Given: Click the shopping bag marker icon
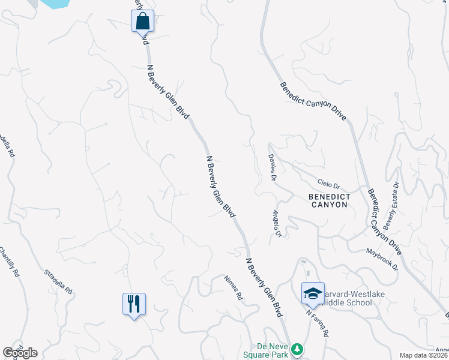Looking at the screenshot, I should [143, 21].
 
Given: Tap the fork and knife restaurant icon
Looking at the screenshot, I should [134, 304].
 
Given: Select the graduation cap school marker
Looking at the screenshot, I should [313, 293].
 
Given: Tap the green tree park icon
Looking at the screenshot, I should [297, 349].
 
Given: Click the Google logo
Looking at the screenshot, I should [20, 353].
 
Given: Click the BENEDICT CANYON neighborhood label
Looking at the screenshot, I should [328, 200].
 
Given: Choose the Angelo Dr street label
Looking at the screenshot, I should [277, 223].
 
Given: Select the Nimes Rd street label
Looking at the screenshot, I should [234, 287].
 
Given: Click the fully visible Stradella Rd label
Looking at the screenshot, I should [58, 281].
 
